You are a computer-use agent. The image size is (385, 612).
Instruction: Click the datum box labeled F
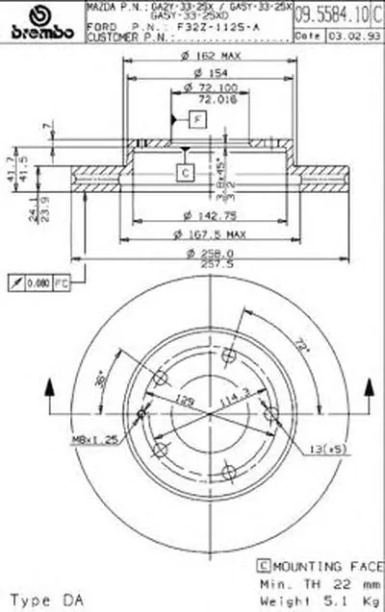195,119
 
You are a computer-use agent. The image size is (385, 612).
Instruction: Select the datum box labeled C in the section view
183,173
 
